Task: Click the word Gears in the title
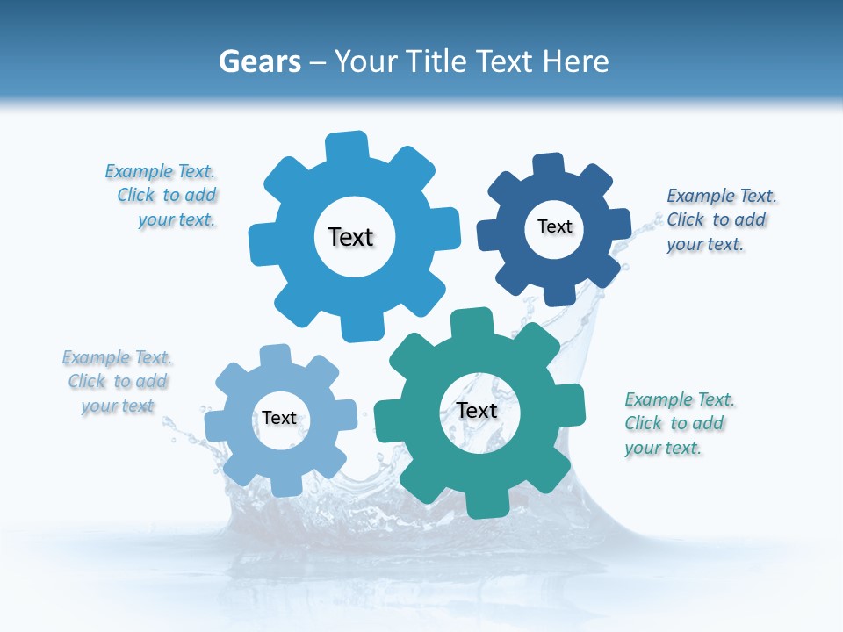(x=259, y=61)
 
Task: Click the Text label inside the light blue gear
(x=350, y=237)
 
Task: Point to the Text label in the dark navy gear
(x=554, y=226)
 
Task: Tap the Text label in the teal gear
(x=477, y=410)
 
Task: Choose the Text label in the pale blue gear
(x=279, y=418)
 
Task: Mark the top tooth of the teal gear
(x=471, y=322)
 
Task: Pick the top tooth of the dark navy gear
(x=549, y=165)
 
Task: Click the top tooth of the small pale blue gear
(x=274, y=355)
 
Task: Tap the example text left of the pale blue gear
(x=118, y=382)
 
